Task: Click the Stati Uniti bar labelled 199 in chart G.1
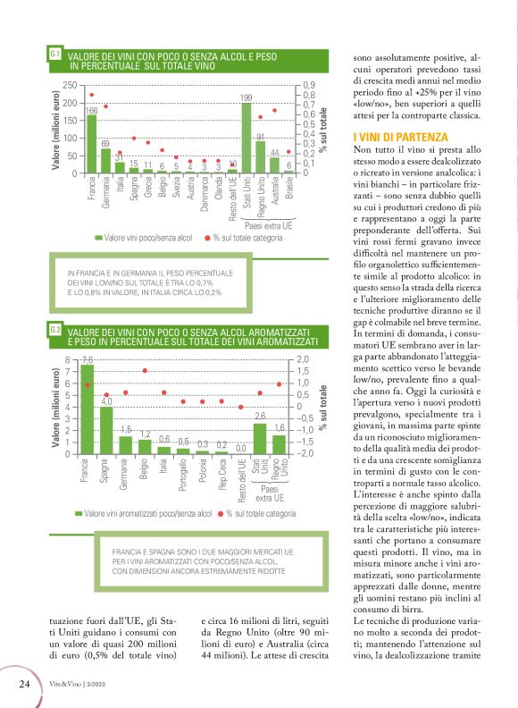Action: tap(246, 138)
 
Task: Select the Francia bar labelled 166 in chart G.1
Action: tap(91, 144)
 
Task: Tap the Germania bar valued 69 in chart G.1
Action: tap(105, 161)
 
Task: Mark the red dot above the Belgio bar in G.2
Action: tap(145, 370)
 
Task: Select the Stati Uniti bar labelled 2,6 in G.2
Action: tap(260, 438)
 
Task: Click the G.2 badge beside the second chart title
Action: tap(54, 331)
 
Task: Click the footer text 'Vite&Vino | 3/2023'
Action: tap(79, 686)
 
